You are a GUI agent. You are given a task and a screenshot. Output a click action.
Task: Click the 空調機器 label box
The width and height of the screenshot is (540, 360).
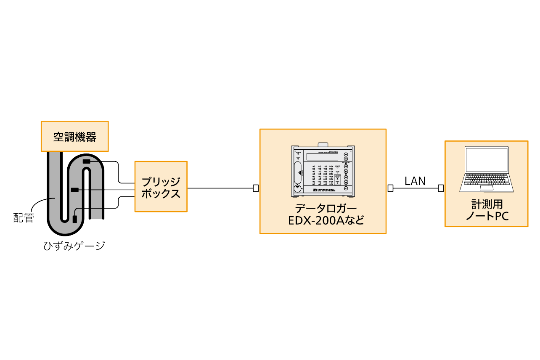(x=74, y=136)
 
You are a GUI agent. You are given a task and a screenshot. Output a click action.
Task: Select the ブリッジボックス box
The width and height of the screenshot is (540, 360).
(x=161, y=187)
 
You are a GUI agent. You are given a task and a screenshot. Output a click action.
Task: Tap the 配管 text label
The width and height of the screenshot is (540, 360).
(x=24, y=218)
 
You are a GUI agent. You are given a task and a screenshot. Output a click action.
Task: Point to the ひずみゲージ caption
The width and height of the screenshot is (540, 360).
(x=74, y=246)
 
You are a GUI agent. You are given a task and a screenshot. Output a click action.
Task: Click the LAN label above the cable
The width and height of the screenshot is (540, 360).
(x=415, y=181)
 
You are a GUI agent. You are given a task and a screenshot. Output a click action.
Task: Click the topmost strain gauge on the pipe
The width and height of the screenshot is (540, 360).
(x=86, y=161)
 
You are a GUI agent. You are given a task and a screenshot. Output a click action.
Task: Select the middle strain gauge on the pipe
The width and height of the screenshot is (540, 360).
(x=75, y=190)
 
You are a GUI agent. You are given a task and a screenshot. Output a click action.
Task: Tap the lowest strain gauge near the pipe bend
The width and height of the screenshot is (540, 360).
(x=74, y=219)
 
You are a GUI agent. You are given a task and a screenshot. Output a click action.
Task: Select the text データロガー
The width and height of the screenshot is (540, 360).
(x=323, y=209)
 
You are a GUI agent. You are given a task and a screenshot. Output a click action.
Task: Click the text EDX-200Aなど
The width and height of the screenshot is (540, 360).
(x=323, y=220)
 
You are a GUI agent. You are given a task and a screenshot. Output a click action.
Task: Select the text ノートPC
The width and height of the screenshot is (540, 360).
(x=487, y=216)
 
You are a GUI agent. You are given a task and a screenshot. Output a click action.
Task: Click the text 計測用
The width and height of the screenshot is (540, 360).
(x=487, y=205)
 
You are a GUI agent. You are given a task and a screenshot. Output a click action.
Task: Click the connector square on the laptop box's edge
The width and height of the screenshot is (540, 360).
(x=441, y=188)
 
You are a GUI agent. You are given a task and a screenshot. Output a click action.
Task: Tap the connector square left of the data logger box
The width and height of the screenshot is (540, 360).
(x=256, y=188)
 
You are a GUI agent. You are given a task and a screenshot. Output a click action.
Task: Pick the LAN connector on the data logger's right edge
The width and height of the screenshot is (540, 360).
(x=390, y=188)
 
